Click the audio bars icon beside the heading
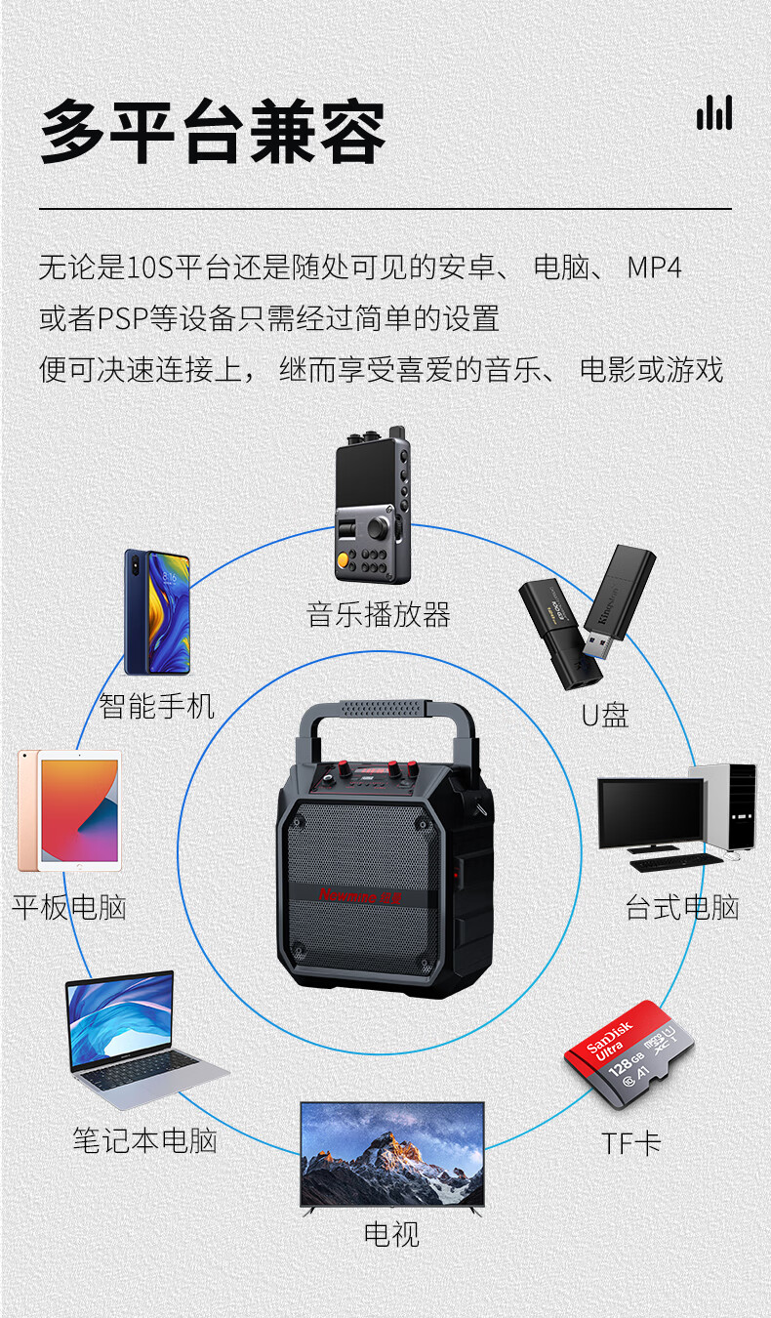[x=714, y=112]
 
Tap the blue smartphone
[x=157, y=612]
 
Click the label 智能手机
[x=156, y=706]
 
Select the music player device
[x=373, y=505]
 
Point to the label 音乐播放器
[x=378, y=615]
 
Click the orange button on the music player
[x=343, y=559]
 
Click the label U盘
[x=605, y=716]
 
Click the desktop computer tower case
[x=723, y=806]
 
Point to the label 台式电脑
[x=682, y=907]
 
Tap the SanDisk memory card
[x=629, y=1054]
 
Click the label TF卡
[x=632, y=1144]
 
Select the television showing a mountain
[x=392, y=1157]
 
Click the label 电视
[x=391, y=1234]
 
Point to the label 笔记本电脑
[x=144, y=1140]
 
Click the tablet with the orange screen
[x=70, y=810]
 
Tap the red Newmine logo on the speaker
[x=360, y=896]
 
